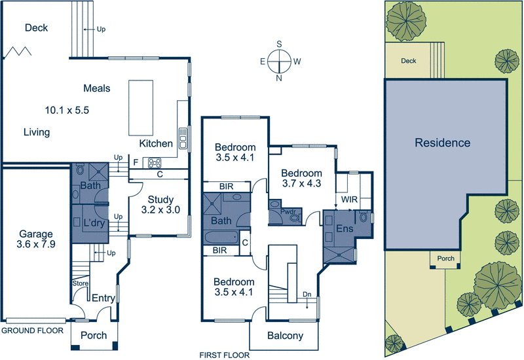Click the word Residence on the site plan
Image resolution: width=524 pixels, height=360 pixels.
tap(442, 143)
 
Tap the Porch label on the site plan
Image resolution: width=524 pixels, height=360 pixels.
tap(445, 259)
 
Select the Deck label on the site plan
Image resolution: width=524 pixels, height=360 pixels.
tap(408, 61)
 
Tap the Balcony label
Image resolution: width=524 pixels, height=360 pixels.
tap(285, 336)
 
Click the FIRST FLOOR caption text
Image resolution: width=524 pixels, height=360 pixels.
tap(225, 355)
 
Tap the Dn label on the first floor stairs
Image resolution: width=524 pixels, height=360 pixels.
tap(307, 295)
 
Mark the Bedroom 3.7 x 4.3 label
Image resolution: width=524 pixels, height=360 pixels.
tap(301, 179)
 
